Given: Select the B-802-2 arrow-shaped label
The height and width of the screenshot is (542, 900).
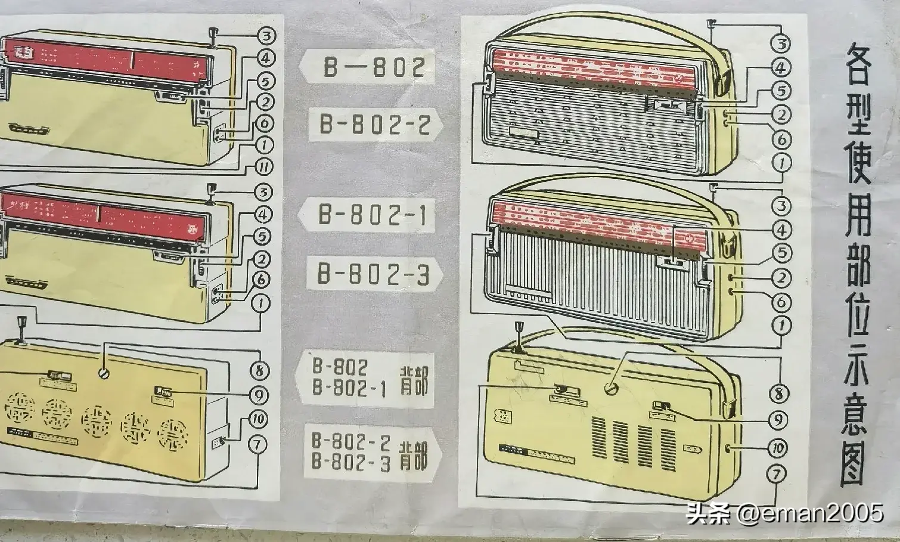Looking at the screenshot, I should click(x=374, y=125).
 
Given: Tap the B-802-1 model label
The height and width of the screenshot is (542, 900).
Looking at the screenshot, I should click(x=373, y=215).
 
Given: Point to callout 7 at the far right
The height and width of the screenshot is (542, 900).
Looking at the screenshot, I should click(x=777, y=475).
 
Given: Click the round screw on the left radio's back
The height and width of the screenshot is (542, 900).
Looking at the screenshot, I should click(x=105, y=374).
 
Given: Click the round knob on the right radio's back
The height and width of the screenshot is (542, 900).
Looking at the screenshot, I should click(x=611, y=389).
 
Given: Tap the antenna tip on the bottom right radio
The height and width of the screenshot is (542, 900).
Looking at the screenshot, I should click(x=518, y=328).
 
